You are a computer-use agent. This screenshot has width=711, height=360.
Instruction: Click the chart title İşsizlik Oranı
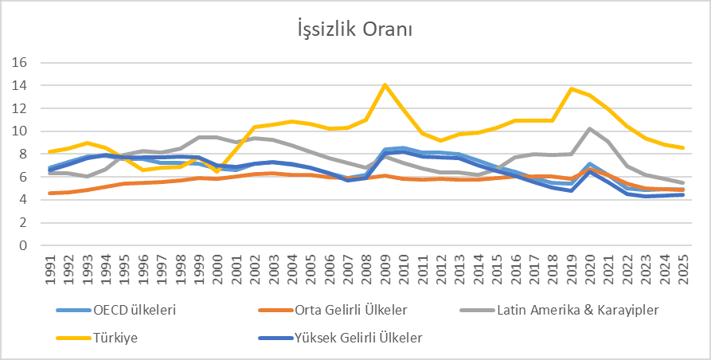(354, 29)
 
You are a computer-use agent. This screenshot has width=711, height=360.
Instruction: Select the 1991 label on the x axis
(51, 272)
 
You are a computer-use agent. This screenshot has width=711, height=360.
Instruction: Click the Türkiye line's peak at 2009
(385, 84)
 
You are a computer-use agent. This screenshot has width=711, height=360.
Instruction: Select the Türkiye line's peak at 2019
(571, 88)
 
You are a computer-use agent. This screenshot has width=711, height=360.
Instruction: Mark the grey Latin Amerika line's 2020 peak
(590, 128)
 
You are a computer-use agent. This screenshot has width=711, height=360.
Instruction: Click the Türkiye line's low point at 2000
(217, 171)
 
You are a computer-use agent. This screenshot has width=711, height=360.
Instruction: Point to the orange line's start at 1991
(51, 193)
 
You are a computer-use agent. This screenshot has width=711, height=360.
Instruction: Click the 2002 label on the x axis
(254, 272)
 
